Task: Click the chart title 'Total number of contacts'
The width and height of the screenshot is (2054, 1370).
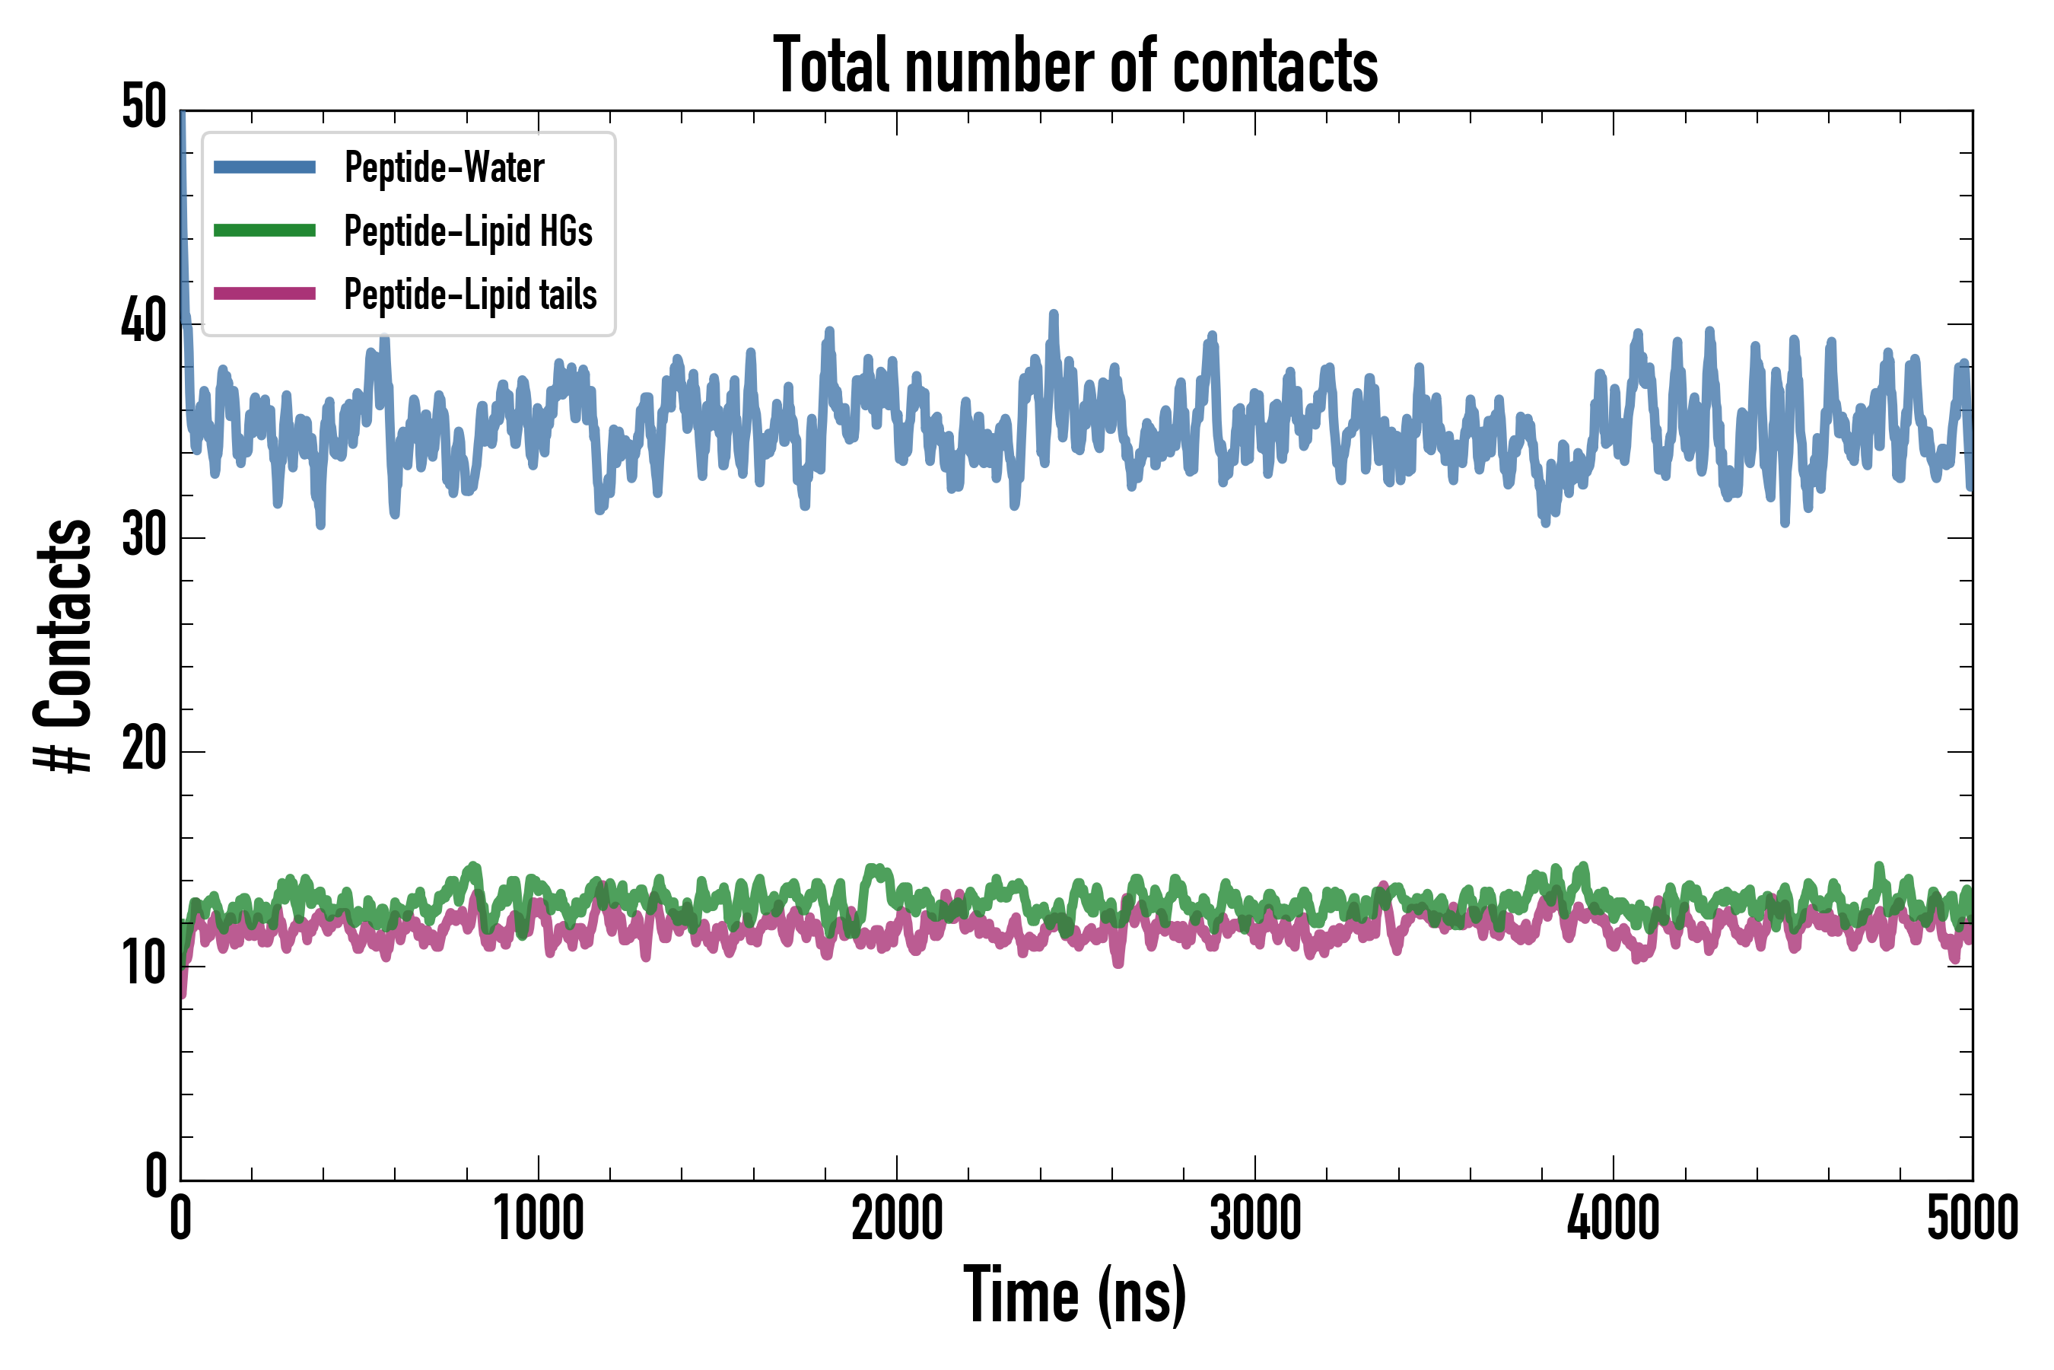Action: pos(1075,65)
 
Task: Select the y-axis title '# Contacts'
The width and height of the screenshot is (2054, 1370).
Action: pos(63,645)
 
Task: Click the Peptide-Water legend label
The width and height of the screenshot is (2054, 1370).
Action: pos(444,167)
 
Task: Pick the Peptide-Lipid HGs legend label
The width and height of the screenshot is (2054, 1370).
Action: pos(468,231)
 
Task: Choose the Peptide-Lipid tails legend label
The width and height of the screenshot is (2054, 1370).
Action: pos(470,295)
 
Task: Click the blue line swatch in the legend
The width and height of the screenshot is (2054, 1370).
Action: pos(265,167)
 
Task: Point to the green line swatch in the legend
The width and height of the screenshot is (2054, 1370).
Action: pos(265,231)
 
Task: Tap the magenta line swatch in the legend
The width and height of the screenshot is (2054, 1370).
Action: pos(265,294)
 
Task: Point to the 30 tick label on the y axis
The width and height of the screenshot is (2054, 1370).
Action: pos(144,536)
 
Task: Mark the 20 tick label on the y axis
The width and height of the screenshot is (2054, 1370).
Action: pos(144,750)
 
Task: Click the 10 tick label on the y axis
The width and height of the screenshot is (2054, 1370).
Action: pos(144,964)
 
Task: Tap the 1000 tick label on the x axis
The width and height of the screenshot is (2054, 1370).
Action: pos(539,1219)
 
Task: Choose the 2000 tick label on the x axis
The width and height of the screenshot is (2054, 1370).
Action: pos(897,1219)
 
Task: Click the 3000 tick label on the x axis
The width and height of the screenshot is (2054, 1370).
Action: pos(1255,1219)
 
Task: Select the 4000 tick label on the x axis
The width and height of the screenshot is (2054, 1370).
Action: pos(1613,1219)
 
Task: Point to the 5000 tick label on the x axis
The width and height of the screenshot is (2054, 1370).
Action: pos(1972,1219)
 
